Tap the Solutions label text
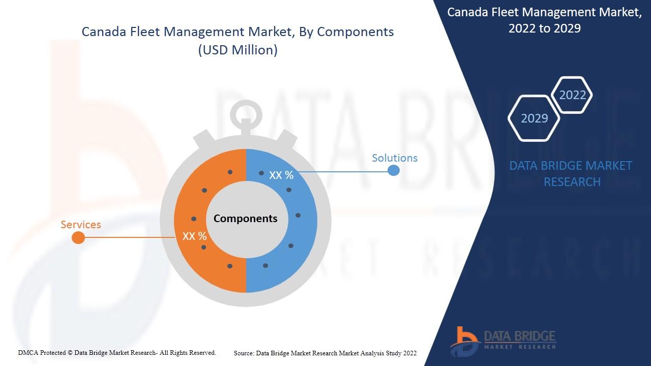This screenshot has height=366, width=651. [395, 158]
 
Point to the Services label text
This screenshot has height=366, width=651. [81, 225]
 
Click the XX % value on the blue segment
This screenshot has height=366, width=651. [281, 175]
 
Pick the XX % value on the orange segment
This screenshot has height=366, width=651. [194, 236]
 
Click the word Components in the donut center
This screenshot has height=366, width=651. [246, 219]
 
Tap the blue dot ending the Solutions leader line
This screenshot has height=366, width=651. [394, 170]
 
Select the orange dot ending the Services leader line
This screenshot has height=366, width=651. [78, 237]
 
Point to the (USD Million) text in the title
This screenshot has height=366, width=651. [238, 50]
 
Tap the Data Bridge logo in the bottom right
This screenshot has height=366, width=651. [503, 341]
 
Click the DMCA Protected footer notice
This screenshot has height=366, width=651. [117, 353]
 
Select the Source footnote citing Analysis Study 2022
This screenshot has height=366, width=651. [325, 353]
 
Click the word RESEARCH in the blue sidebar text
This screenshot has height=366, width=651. [572, 182]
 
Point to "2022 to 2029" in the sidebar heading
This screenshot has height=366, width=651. [545, 28]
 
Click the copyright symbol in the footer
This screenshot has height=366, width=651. [70, 353]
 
